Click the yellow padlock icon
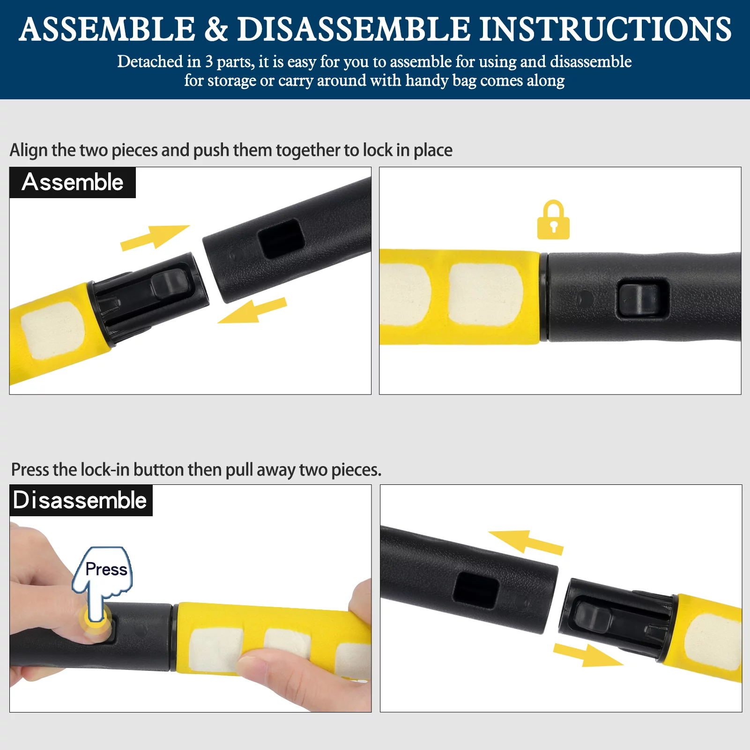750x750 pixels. pyautogui.click(x=553, y=220)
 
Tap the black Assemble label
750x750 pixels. pyautogui.click(x=73, y=182)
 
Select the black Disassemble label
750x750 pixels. pyautogui.click(x=81, y=500)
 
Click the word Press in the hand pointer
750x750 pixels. pyautogui.click(x=106, y=569)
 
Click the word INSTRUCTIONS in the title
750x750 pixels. pyautogui.click(x=605, y=29)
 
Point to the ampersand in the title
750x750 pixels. pyautogui.click(x=216, y=29)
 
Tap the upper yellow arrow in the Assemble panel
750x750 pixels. pyautogui.click(x=155, y=237)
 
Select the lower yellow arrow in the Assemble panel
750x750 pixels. pyautogui.click(x=252, y=311)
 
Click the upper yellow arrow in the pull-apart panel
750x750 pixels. pyautogui.click(x=526, y=542)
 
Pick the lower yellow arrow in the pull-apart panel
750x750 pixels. pyautogui.click(x=588, y=655)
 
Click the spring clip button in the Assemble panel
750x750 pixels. pyautogui.click(x=170, y=285)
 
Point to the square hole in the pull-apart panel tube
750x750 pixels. pyautogui.click(x=475, y=590)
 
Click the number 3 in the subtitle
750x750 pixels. pyautogui.click(x=209, y=61)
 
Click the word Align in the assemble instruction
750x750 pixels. pyautogui.click(x=29, y=150)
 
